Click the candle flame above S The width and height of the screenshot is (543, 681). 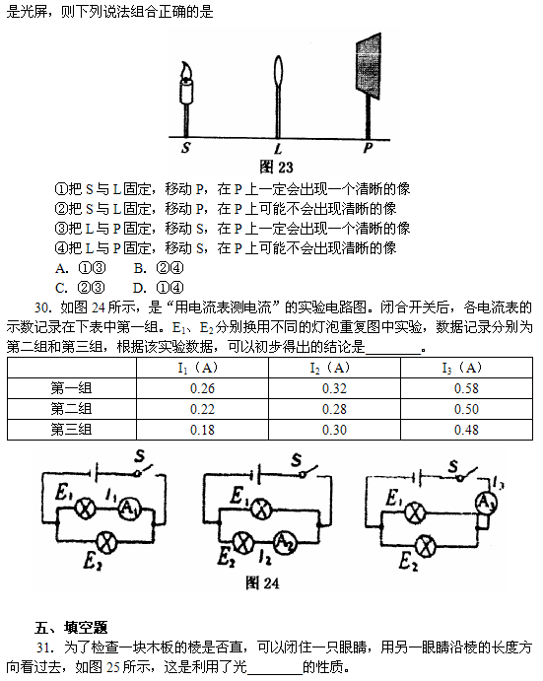tap(186, 70)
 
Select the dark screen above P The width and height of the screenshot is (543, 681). tap(369, 64)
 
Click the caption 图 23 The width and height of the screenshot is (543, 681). tap(276, 167)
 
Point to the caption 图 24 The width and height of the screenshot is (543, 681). tap(262, 582)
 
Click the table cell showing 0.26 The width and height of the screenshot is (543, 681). tap(202, 388)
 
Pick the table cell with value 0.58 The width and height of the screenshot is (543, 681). tap(466, 388)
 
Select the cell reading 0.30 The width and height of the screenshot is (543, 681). tap(334, 430)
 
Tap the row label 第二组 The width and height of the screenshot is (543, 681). tap(71, 409)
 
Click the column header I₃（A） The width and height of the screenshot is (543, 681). tap(462, 368)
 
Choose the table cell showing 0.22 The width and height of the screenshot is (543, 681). tap(202, 409)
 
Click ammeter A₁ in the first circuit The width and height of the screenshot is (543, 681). tap(130, 508)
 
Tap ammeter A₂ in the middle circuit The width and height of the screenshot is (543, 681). tap(286, 541)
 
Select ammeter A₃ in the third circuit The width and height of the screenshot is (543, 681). tap(486, 503)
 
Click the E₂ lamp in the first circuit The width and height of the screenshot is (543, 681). tap(106, 541)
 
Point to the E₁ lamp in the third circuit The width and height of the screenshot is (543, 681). tap(415, 512)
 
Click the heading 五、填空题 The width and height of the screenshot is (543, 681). tap(71, 627)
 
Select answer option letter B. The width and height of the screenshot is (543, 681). tap(139, 268)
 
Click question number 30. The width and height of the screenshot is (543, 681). tap(43, 307)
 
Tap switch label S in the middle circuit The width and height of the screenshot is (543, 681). tap(297, 459)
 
